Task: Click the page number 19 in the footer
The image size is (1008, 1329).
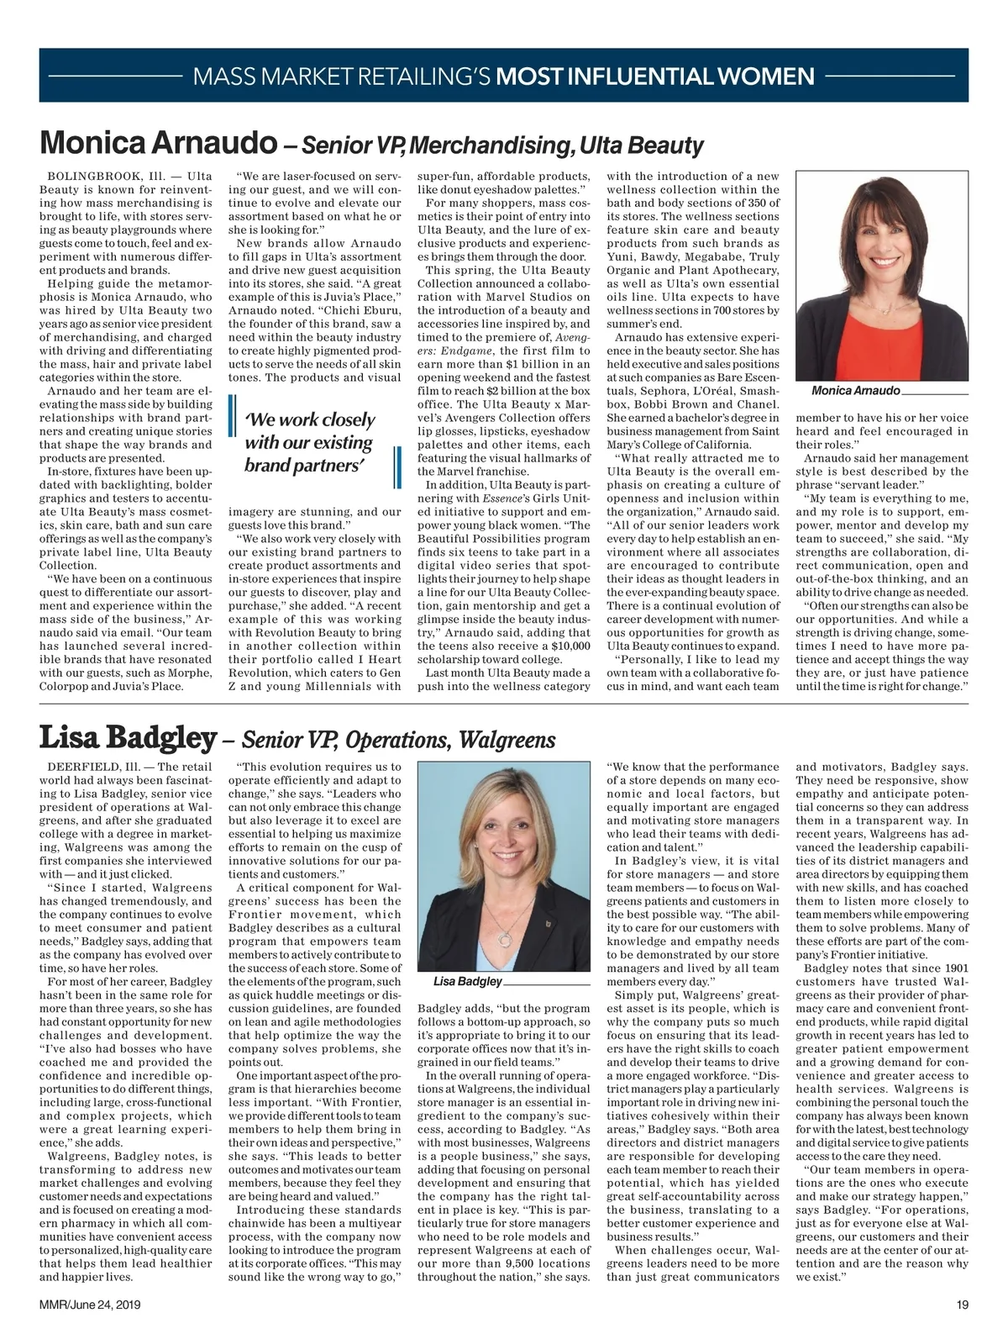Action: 962,1305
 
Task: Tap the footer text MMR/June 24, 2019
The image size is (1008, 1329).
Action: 90,1305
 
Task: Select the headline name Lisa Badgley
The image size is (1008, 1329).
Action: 128,738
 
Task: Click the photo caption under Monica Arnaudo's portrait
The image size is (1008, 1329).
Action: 856,391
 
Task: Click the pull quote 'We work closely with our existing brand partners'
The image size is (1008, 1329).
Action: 310,442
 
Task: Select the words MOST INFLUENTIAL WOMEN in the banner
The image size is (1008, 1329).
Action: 655,77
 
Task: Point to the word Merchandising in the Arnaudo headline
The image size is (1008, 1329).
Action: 491,145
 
